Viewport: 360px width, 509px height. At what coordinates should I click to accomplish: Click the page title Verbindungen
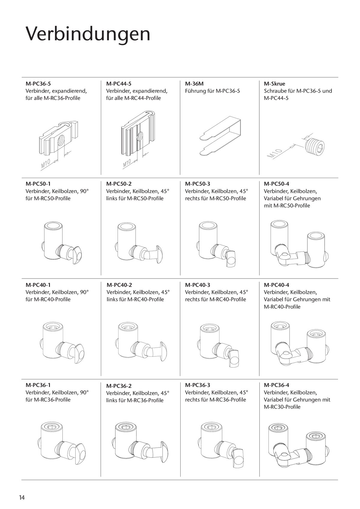point(88,34)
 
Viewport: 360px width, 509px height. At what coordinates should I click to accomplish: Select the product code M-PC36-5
point(38,84)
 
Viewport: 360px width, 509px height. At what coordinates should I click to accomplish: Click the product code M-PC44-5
point(119,84)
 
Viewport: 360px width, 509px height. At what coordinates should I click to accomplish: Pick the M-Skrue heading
point(274,84)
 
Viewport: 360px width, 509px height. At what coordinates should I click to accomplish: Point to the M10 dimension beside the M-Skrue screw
point(275,154)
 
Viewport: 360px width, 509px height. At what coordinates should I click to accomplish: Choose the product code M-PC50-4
point(277,183)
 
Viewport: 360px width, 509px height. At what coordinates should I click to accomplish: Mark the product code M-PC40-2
point(119,285)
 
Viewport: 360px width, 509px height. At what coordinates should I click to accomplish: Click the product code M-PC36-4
point(277,385)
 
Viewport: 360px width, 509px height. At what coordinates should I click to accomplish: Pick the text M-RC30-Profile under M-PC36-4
point(282,407)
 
